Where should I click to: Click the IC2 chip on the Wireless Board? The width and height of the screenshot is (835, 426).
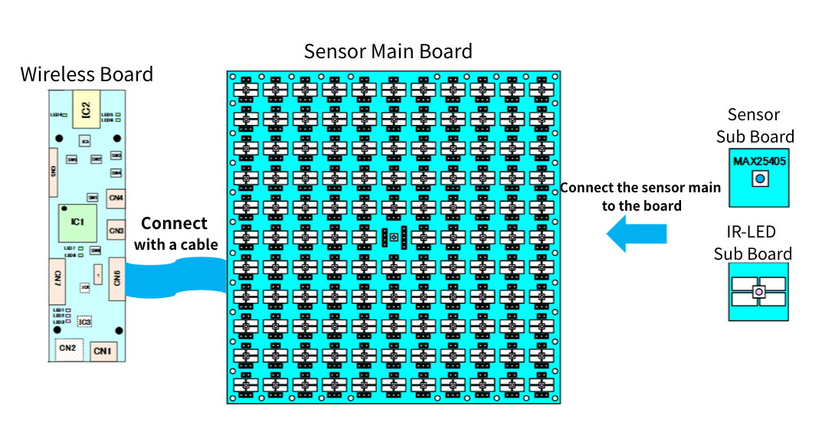[86, 108]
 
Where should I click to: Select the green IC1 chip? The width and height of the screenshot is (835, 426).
[77, 222]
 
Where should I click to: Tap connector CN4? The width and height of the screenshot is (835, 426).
[116, 198]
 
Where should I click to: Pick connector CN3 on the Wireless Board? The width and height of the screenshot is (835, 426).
[116, 230]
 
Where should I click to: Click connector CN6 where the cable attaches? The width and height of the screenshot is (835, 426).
[116, 277]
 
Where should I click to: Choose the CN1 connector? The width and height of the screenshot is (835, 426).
[103, 351]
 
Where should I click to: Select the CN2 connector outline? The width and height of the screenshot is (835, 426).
[67, 349]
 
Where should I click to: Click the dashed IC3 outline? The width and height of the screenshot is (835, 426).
[84, 323]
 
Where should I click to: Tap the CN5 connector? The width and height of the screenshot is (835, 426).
[55, 171]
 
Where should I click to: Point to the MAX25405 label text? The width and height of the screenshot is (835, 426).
[758, 162]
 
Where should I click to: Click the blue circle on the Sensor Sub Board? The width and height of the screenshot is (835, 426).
[759, 179]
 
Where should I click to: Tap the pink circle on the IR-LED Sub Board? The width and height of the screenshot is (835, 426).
[758, 292]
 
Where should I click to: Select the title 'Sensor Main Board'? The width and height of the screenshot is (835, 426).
[388, 51]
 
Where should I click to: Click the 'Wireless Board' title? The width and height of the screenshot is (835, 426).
[87, 74]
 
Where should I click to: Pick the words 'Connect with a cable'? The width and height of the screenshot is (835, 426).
[175, 234]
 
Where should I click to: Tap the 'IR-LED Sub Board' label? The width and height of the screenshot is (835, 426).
[752, 243]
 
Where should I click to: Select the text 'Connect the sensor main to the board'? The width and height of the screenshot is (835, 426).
[640, 196]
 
